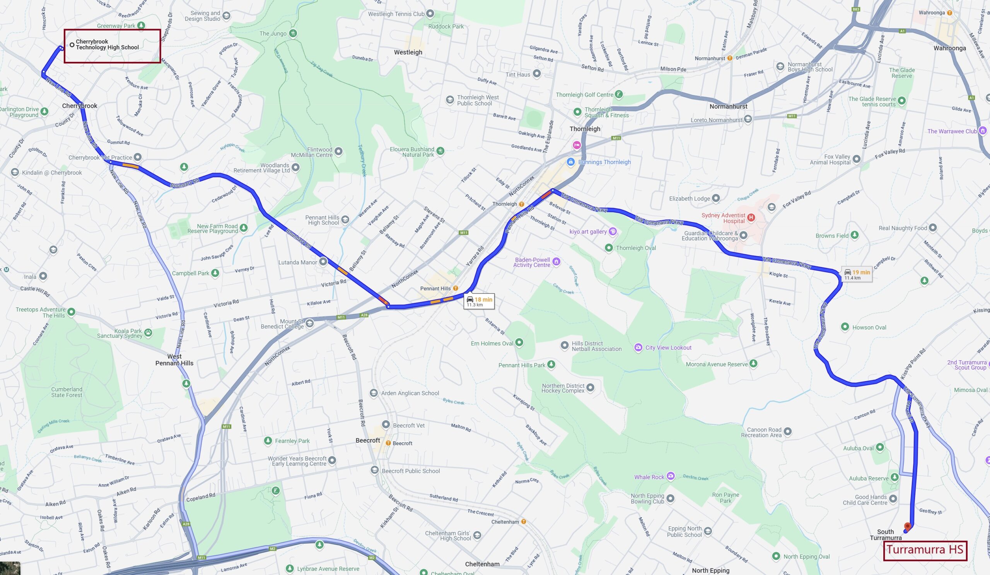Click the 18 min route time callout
point(479,301)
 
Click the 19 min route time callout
point(857,274)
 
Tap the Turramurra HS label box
point(925,550)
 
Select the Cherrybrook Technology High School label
point(107,44)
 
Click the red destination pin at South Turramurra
point(908,526)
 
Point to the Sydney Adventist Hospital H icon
point(751,217)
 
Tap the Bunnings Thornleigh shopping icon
point(571,162)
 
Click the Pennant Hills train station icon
point(456,289)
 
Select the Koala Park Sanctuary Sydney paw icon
point(148,333)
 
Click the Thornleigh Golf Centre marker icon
point(619,94)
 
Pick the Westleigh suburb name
point(408,52)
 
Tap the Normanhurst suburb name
point(728,106)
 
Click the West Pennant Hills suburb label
point(174,359)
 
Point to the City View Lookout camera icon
point(638,347)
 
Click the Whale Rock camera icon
point(671,477)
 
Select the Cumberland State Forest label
point(67,392)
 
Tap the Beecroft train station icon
point(388,443)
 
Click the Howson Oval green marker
point(845,327)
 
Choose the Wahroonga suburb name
point(949,48)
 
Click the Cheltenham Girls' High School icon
point(477,535)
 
